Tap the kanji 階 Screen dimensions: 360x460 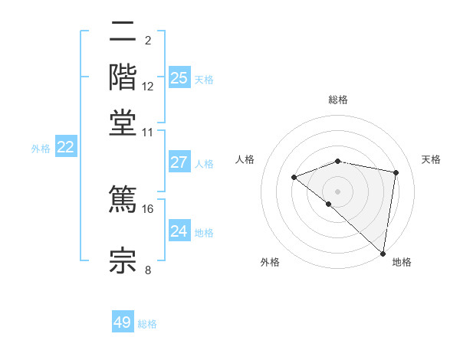point(123,77)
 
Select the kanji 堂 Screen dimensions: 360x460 point(123,122)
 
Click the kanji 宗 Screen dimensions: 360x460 point(123,259)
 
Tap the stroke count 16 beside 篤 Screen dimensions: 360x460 point(148,208)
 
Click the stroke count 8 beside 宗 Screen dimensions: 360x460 point(148,269)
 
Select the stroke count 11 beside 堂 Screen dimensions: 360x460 point(148,132)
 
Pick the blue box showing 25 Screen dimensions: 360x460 point(179,77)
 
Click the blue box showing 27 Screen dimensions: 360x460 point(179,162)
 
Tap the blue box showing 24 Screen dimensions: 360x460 point(179,231)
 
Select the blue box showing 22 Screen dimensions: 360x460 point(65,148)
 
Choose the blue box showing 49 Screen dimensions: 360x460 point(123,322)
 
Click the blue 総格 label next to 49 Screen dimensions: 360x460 point(147,324)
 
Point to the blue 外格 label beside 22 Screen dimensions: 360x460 point(41,149)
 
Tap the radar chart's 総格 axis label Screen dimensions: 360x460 point(338,100)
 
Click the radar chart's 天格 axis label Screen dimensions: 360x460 point(431,159)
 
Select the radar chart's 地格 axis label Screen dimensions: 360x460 point(402,262)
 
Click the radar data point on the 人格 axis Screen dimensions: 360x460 point(294,178)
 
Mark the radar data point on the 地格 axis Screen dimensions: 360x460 point(383,254)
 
